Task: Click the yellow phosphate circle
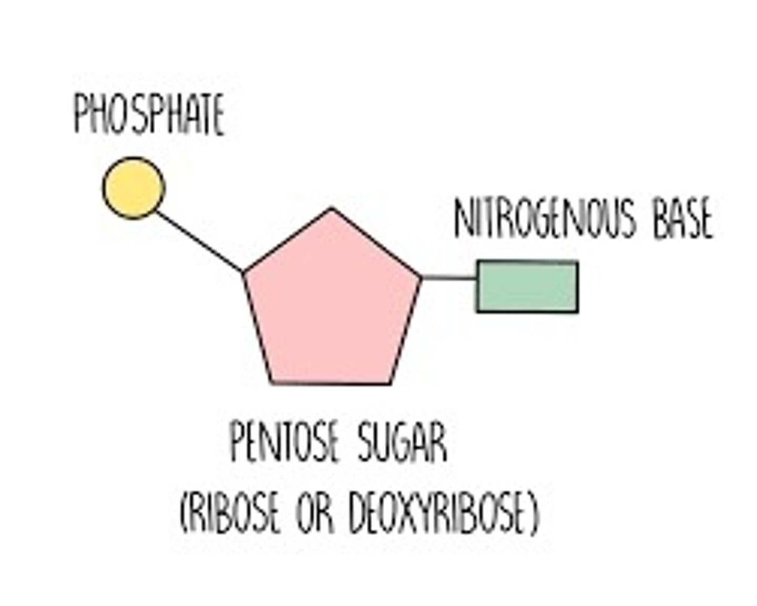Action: click(x=134, y=188)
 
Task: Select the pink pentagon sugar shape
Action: click(x=332, y=305)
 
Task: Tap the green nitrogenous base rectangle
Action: click(x=527, y=286)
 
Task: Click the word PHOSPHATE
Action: click(x=149, y=114)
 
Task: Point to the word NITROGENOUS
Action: click(x=545, y=218)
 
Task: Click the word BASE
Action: click(x=682, y=218)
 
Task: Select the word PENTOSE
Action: click(x=284, y=443)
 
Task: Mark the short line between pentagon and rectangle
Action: click(x=448, y=277)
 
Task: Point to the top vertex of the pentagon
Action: click(x=332, y=209)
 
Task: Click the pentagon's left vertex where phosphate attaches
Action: click(x=243, y=272)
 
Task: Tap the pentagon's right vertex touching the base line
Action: click(x=421, y=276)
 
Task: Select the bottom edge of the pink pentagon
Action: click(x=331, y=383)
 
